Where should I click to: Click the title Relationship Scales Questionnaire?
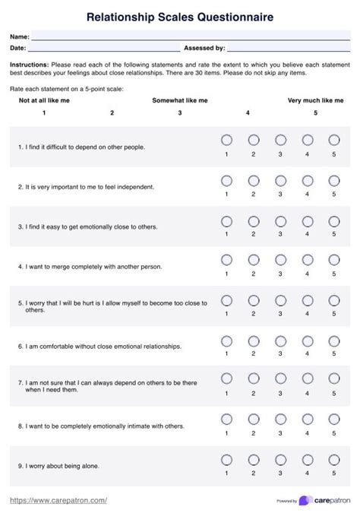point(180,16)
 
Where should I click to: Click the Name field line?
point(190,37)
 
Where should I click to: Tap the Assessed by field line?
point(289,49)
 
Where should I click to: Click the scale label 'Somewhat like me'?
point(180,100)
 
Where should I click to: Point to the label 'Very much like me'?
point(315,100)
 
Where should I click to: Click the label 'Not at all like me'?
point(44,100)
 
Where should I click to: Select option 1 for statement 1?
point(226,141)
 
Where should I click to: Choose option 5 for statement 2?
point(334,181)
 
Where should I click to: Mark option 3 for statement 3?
point(280,220)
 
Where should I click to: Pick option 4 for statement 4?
point(308,261)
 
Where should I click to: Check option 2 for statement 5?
point(254,300)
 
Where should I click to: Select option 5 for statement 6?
point(334,340)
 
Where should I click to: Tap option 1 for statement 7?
point(226,380)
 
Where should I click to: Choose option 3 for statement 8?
point(280,420)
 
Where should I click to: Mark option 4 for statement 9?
point(308,460)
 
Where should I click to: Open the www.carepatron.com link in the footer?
point(58,500)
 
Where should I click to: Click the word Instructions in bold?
point(29,65)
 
